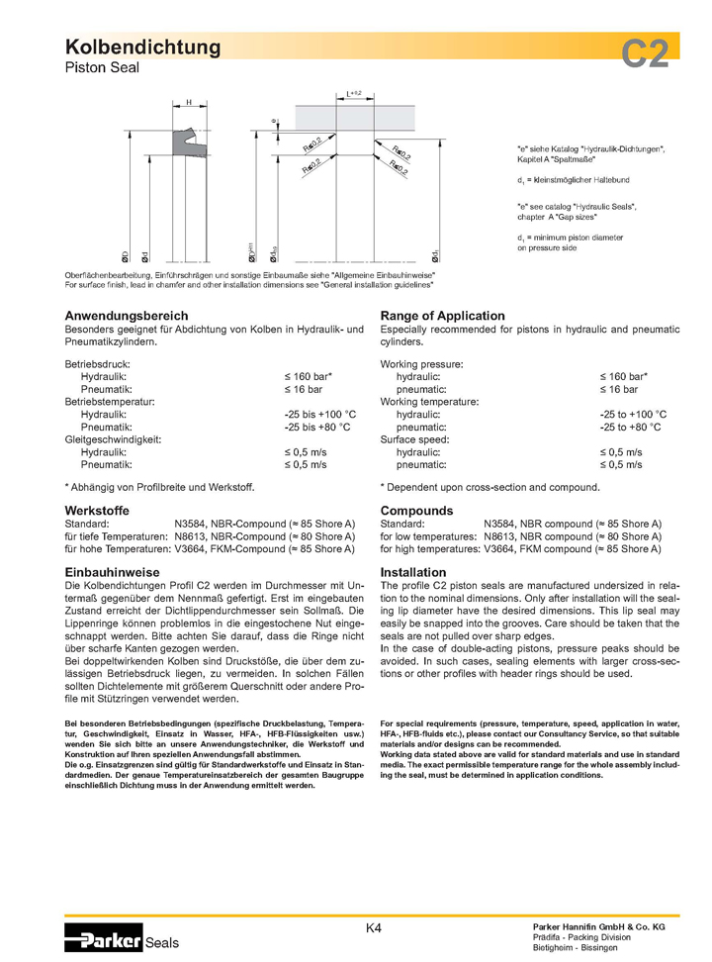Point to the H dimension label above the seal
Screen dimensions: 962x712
coord(188,102)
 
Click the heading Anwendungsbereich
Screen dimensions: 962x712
coord(126,315)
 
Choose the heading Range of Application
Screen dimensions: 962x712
coord(442,315)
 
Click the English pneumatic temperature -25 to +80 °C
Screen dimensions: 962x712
coord(633,427)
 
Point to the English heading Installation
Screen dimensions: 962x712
coord(412,572)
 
